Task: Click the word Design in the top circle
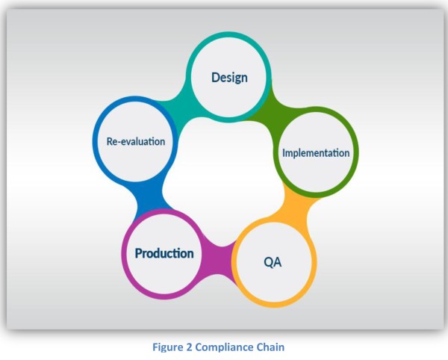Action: pyautogui.click(x=228, y=78)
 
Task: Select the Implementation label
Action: pyautogui.click(x=315, y=153)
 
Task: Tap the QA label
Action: pyautogui.click(x=273, y=262)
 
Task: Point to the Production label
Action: pyautogui.click(x=164, y=253)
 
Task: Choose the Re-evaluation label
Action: pyautogui.click(x=134, y=140)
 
